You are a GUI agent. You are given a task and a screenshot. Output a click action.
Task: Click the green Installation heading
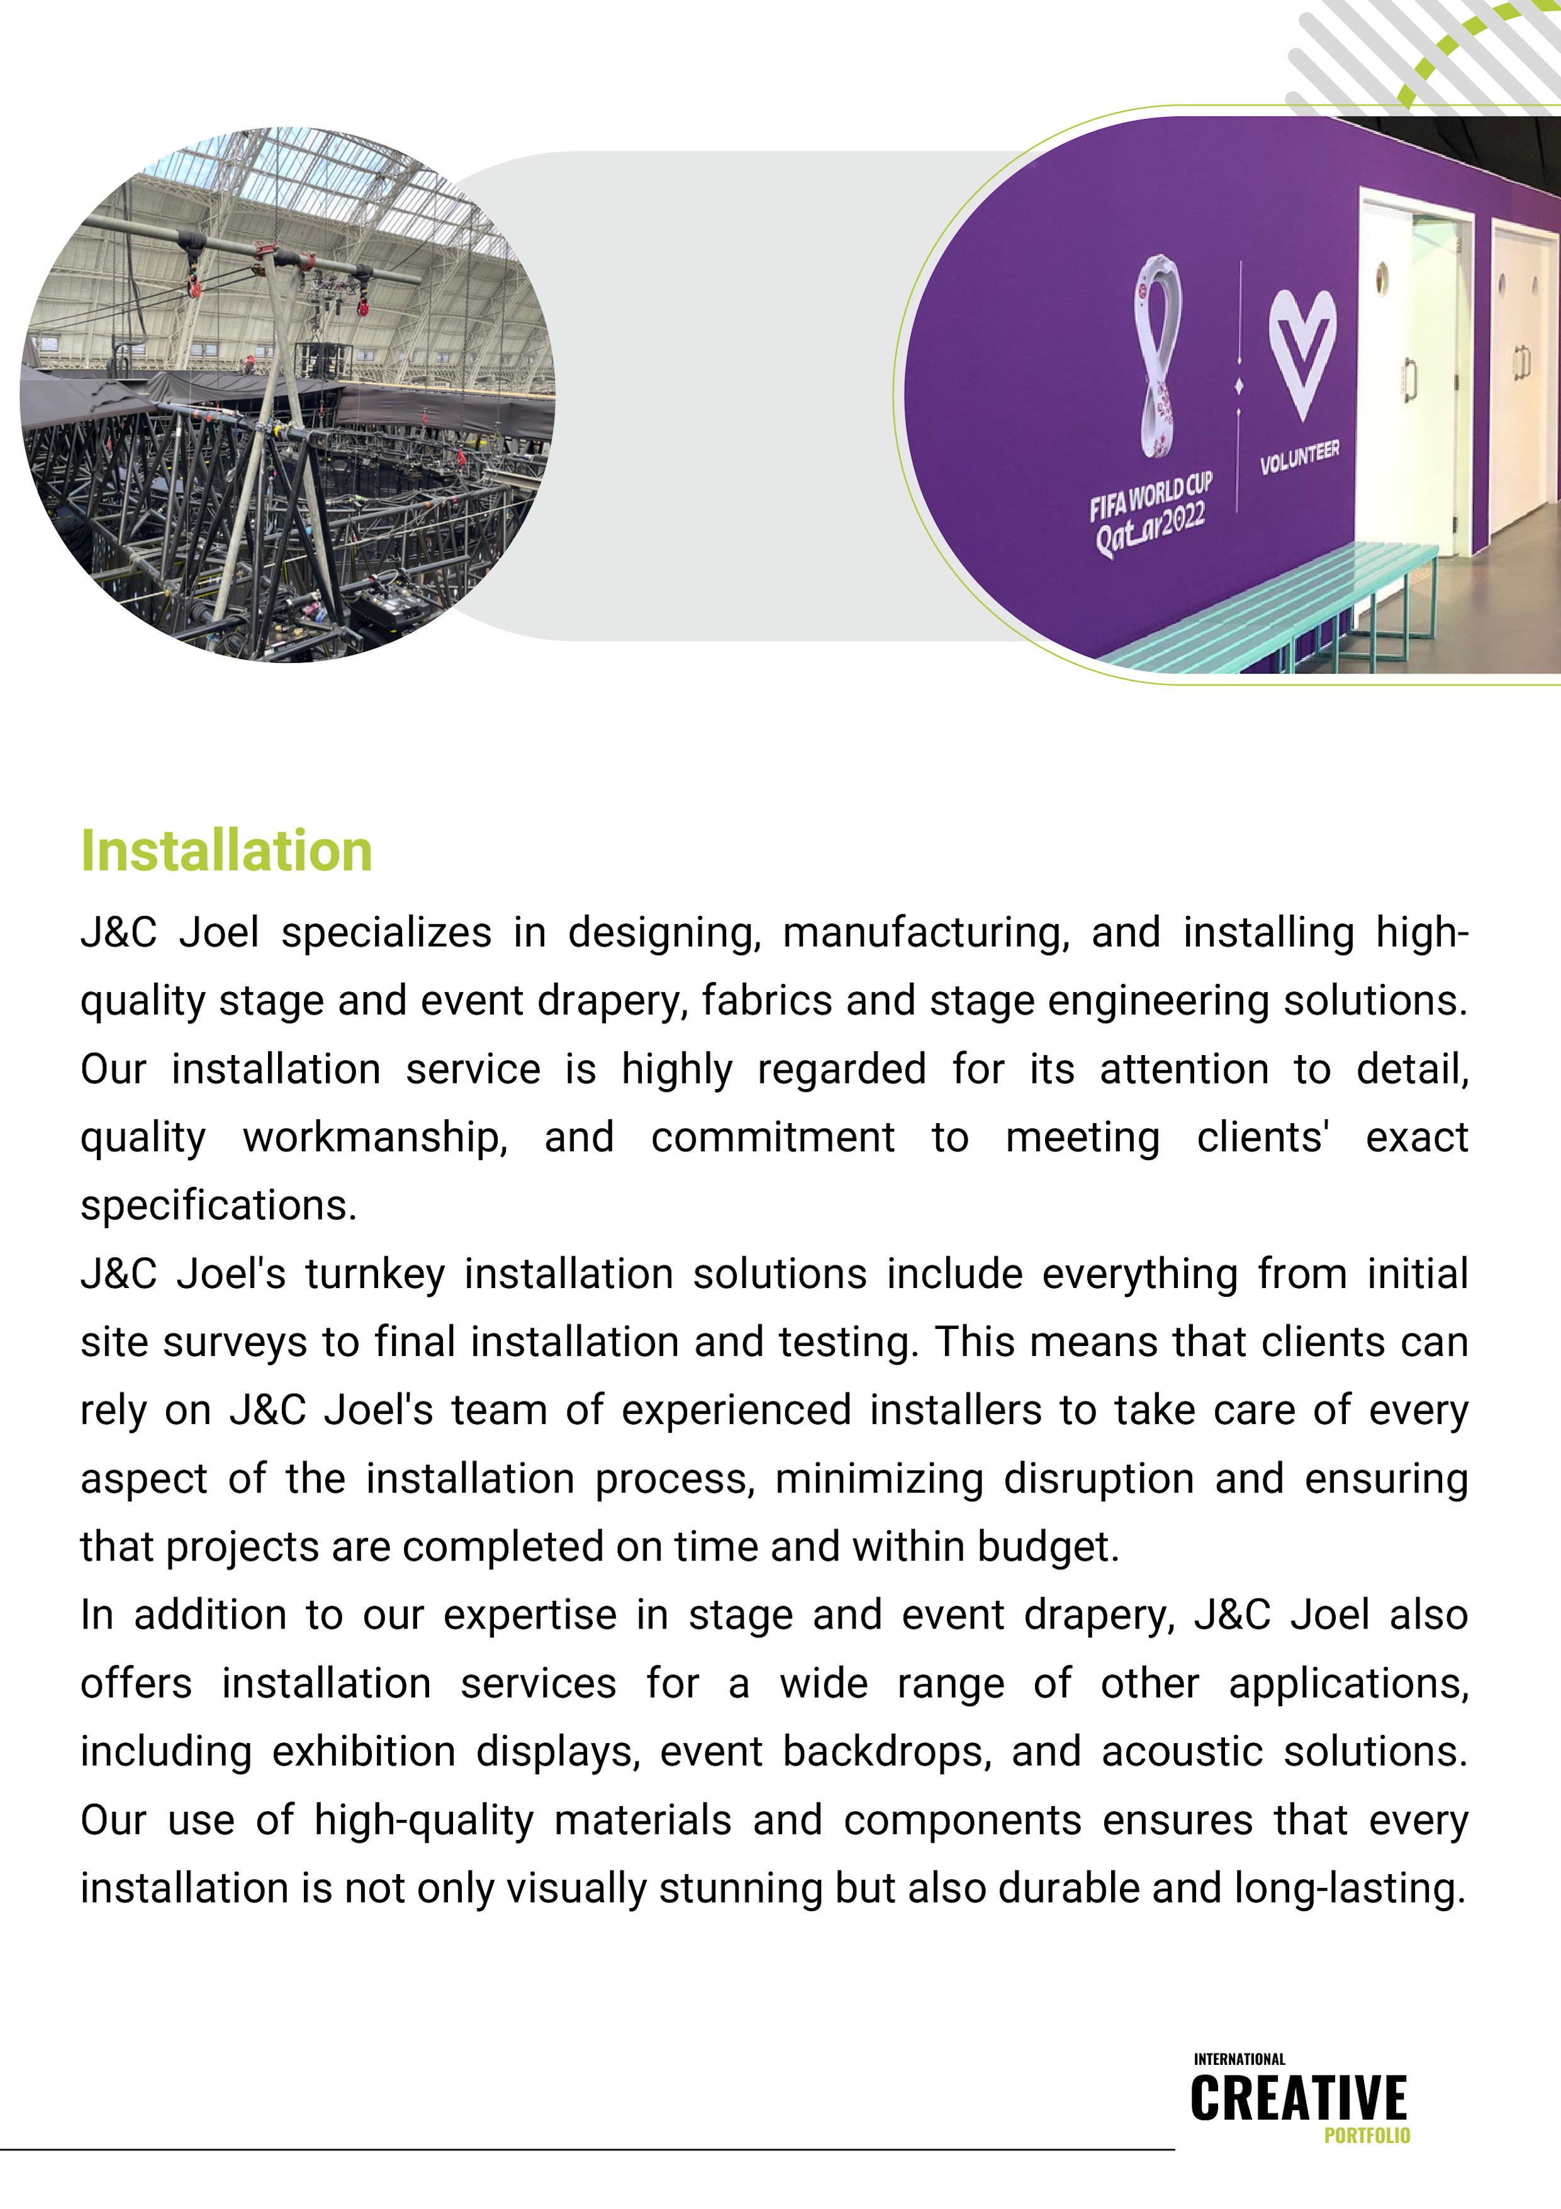pyautogui.click(x=226, y=852)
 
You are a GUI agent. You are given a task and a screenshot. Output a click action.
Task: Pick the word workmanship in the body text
pyautogui.click(x=375, y=1138)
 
